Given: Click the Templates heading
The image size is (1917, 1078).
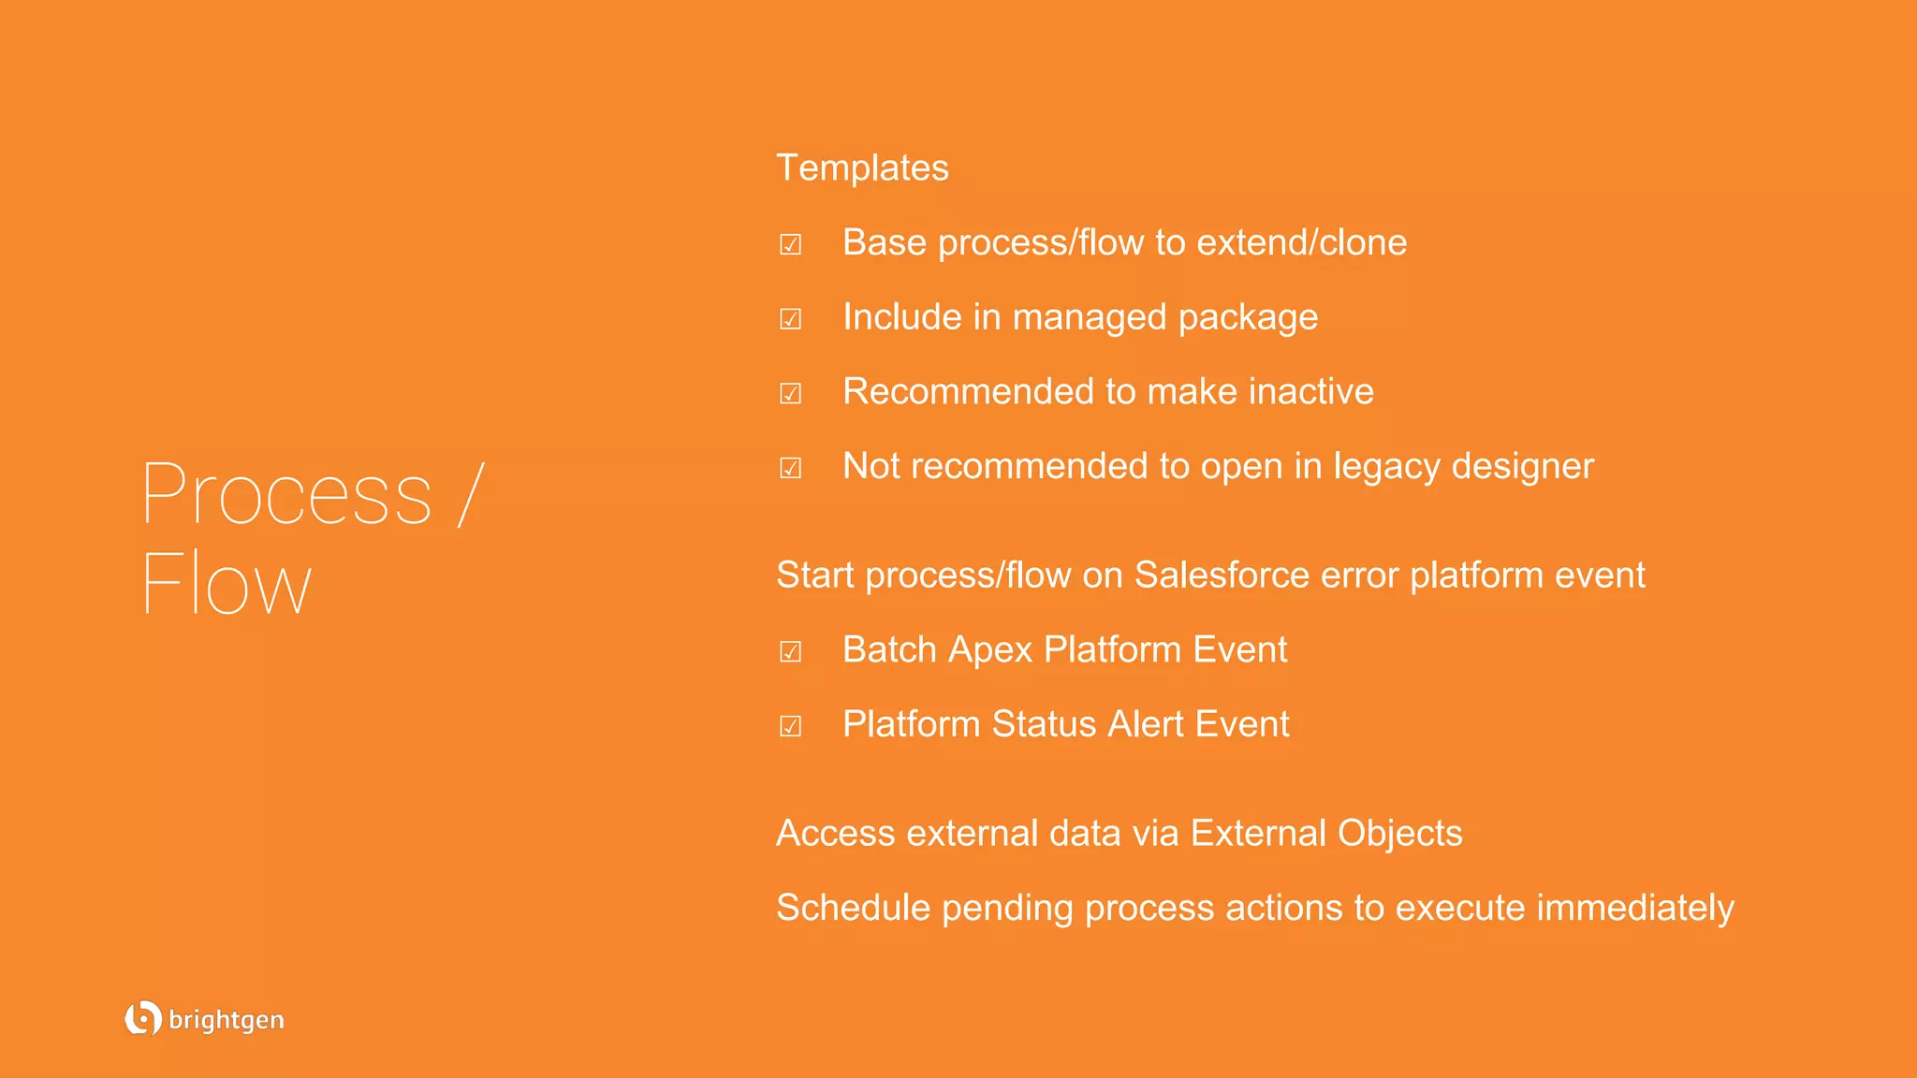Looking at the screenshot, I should pyautogui.click(x=862, y=168).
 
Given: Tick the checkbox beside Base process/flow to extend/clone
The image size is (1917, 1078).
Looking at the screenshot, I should pyautogui.click(x=791, y=244).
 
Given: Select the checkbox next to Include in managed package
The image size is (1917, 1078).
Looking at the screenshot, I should pyautogui.click(x=791, y=319).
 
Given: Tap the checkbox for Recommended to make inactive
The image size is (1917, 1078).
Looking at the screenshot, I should pyautogui.click(x=791, y=393).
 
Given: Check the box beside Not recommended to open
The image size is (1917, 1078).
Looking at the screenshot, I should pyautogui.click(x=791, y=468).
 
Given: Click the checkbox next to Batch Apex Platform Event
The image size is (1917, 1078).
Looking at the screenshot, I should pyautogui.click(x=791, y=651).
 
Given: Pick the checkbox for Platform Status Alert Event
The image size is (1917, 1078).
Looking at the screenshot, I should pyautogui.click(x=791, y=726).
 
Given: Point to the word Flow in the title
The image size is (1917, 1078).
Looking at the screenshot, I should pyautogui.click(x=226, y=584).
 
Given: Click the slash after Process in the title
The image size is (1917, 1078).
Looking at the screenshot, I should pyautogui.click(x=471, y=494).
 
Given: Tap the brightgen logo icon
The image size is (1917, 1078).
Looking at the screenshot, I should pyautogui.click(x=142, y=1018).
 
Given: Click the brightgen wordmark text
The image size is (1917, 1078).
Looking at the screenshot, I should pyautogui.click(x=227, y=1020).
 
